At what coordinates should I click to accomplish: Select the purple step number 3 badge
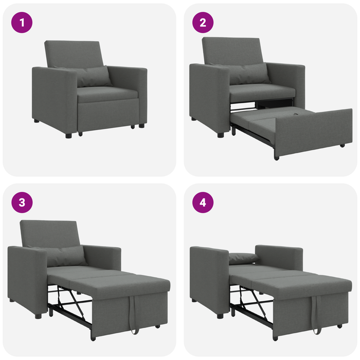coord(22,202)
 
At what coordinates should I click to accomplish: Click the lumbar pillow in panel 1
coord(93,76)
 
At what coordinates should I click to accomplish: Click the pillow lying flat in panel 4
coord(243,258)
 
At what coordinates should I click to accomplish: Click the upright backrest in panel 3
coord(49,233)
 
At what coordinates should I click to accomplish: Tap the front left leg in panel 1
coord(68,135)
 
